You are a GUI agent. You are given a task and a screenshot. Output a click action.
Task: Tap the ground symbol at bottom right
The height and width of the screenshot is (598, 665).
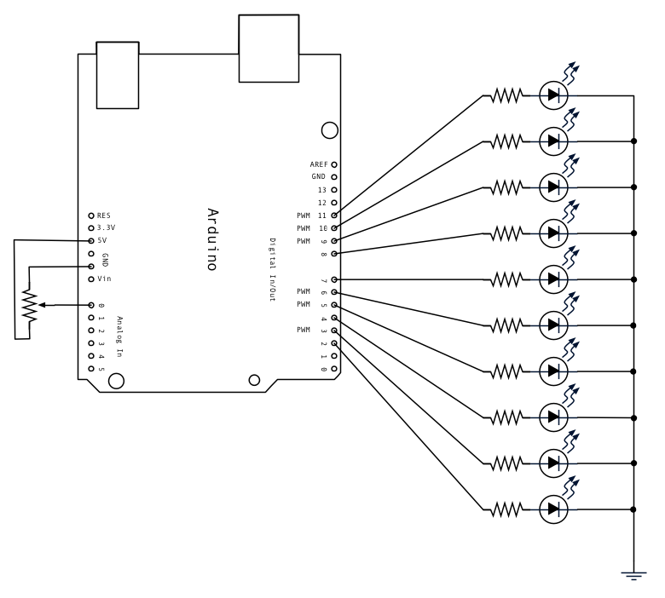(x=633, y=575)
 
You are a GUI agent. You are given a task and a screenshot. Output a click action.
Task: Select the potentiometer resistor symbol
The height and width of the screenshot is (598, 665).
(x=31, y=306)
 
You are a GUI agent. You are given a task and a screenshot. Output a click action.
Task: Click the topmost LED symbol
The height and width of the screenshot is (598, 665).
(x=555, y=95)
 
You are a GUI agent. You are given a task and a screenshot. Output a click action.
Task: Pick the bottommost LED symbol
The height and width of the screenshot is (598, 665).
(x=555, y=509)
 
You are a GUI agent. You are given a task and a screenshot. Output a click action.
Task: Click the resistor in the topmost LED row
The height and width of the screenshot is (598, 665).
(x=506, y=95)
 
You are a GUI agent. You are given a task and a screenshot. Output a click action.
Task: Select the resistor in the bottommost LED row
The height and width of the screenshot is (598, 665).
(x=506, y=509)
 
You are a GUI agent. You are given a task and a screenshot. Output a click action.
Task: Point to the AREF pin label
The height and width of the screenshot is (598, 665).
(x=319, y=164)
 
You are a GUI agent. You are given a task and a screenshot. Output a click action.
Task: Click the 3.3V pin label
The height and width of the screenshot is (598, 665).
(x=107, y=228)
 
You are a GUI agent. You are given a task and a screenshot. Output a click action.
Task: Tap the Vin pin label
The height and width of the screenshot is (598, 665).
(x=104, y=279)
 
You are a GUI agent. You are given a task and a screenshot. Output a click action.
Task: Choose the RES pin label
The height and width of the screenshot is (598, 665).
(x=104, y=216)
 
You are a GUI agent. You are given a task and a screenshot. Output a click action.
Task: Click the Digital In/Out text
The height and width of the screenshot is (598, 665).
(x=273, y=268)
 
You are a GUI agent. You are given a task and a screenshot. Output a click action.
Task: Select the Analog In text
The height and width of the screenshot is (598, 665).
(x=120, y=336)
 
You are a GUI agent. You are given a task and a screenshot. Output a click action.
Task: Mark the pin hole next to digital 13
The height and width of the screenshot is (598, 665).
(x=334, y=189)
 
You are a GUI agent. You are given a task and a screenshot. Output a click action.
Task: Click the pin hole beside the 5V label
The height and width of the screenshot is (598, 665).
(x=90, y=241)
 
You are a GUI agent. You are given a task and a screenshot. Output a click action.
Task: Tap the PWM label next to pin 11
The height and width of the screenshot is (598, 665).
(x=304, y=216)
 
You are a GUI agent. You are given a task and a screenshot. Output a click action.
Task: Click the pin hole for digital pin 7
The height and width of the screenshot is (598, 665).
(x=334, y=279)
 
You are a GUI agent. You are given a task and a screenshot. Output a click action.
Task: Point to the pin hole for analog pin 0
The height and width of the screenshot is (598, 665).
(x=90, y=305)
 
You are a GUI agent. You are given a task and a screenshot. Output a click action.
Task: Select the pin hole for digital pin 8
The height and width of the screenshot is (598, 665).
(x=334, y=254)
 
